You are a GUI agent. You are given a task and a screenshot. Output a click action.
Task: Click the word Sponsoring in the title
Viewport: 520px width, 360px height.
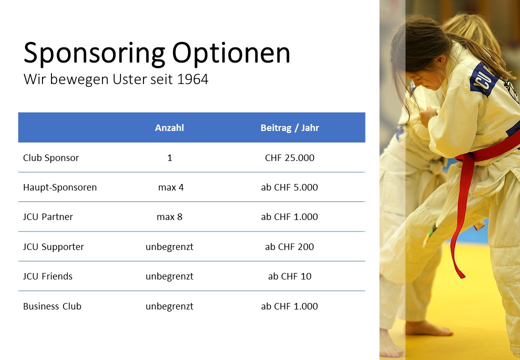[94, 53]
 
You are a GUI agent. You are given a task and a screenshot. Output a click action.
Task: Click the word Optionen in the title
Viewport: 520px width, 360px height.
[231, 52]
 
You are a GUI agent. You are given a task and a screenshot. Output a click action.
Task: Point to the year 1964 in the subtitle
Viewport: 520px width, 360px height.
[192, 79]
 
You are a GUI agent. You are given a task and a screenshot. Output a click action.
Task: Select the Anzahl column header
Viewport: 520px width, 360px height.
[169, 128]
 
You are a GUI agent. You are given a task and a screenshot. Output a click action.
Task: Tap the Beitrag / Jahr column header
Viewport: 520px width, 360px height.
[289, 128]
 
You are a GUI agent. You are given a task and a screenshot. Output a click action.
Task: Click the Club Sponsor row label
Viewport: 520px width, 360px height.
[51, 158]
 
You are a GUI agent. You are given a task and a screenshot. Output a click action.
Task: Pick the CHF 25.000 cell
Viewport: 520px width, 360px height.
[289, 158]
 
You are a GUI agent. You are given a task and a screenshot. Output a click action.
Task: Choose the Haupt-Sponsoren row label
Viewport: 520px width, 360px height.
[60, 187]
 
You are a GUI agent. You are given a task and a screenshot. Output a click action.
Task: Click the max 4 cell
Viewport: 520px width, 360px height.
[171, 187]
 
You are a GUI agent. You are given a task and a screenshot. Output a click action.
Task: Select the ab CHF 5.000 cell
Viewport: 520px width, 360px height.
[289, 187]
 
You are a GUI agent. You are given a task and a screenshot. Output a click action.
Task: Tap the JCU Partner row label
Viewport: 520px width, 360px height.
[48, 217]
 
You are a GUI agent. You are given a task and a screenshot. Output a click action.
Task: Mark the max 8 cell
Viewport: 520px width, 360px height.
[169, 217]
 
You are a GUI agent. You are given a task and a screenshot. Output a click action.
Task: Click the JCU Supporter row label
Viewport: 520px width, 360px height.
[53, 246]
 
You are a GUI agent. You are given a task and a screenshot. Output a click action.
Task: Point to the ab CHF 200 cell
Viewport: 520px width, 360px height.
[289, 246]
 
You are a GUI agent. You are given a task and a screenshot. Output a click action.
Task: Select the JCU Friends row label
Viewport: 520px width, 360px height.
[48, 276]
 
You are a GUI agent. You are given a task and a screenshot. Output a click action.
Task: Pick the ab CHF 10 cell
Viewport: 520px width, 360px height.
[289, 276]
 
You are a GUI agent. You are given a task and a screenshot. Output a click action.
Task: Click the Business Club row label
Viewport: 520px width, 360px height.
[52, 306]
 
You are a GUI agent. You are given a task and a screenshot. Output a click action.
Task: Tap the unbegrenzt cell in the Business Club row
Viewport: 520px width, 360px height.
[169, 306]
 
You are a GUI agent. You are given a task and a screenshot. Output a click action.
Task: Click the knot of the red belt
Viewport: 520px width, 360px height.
[467, 158]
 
